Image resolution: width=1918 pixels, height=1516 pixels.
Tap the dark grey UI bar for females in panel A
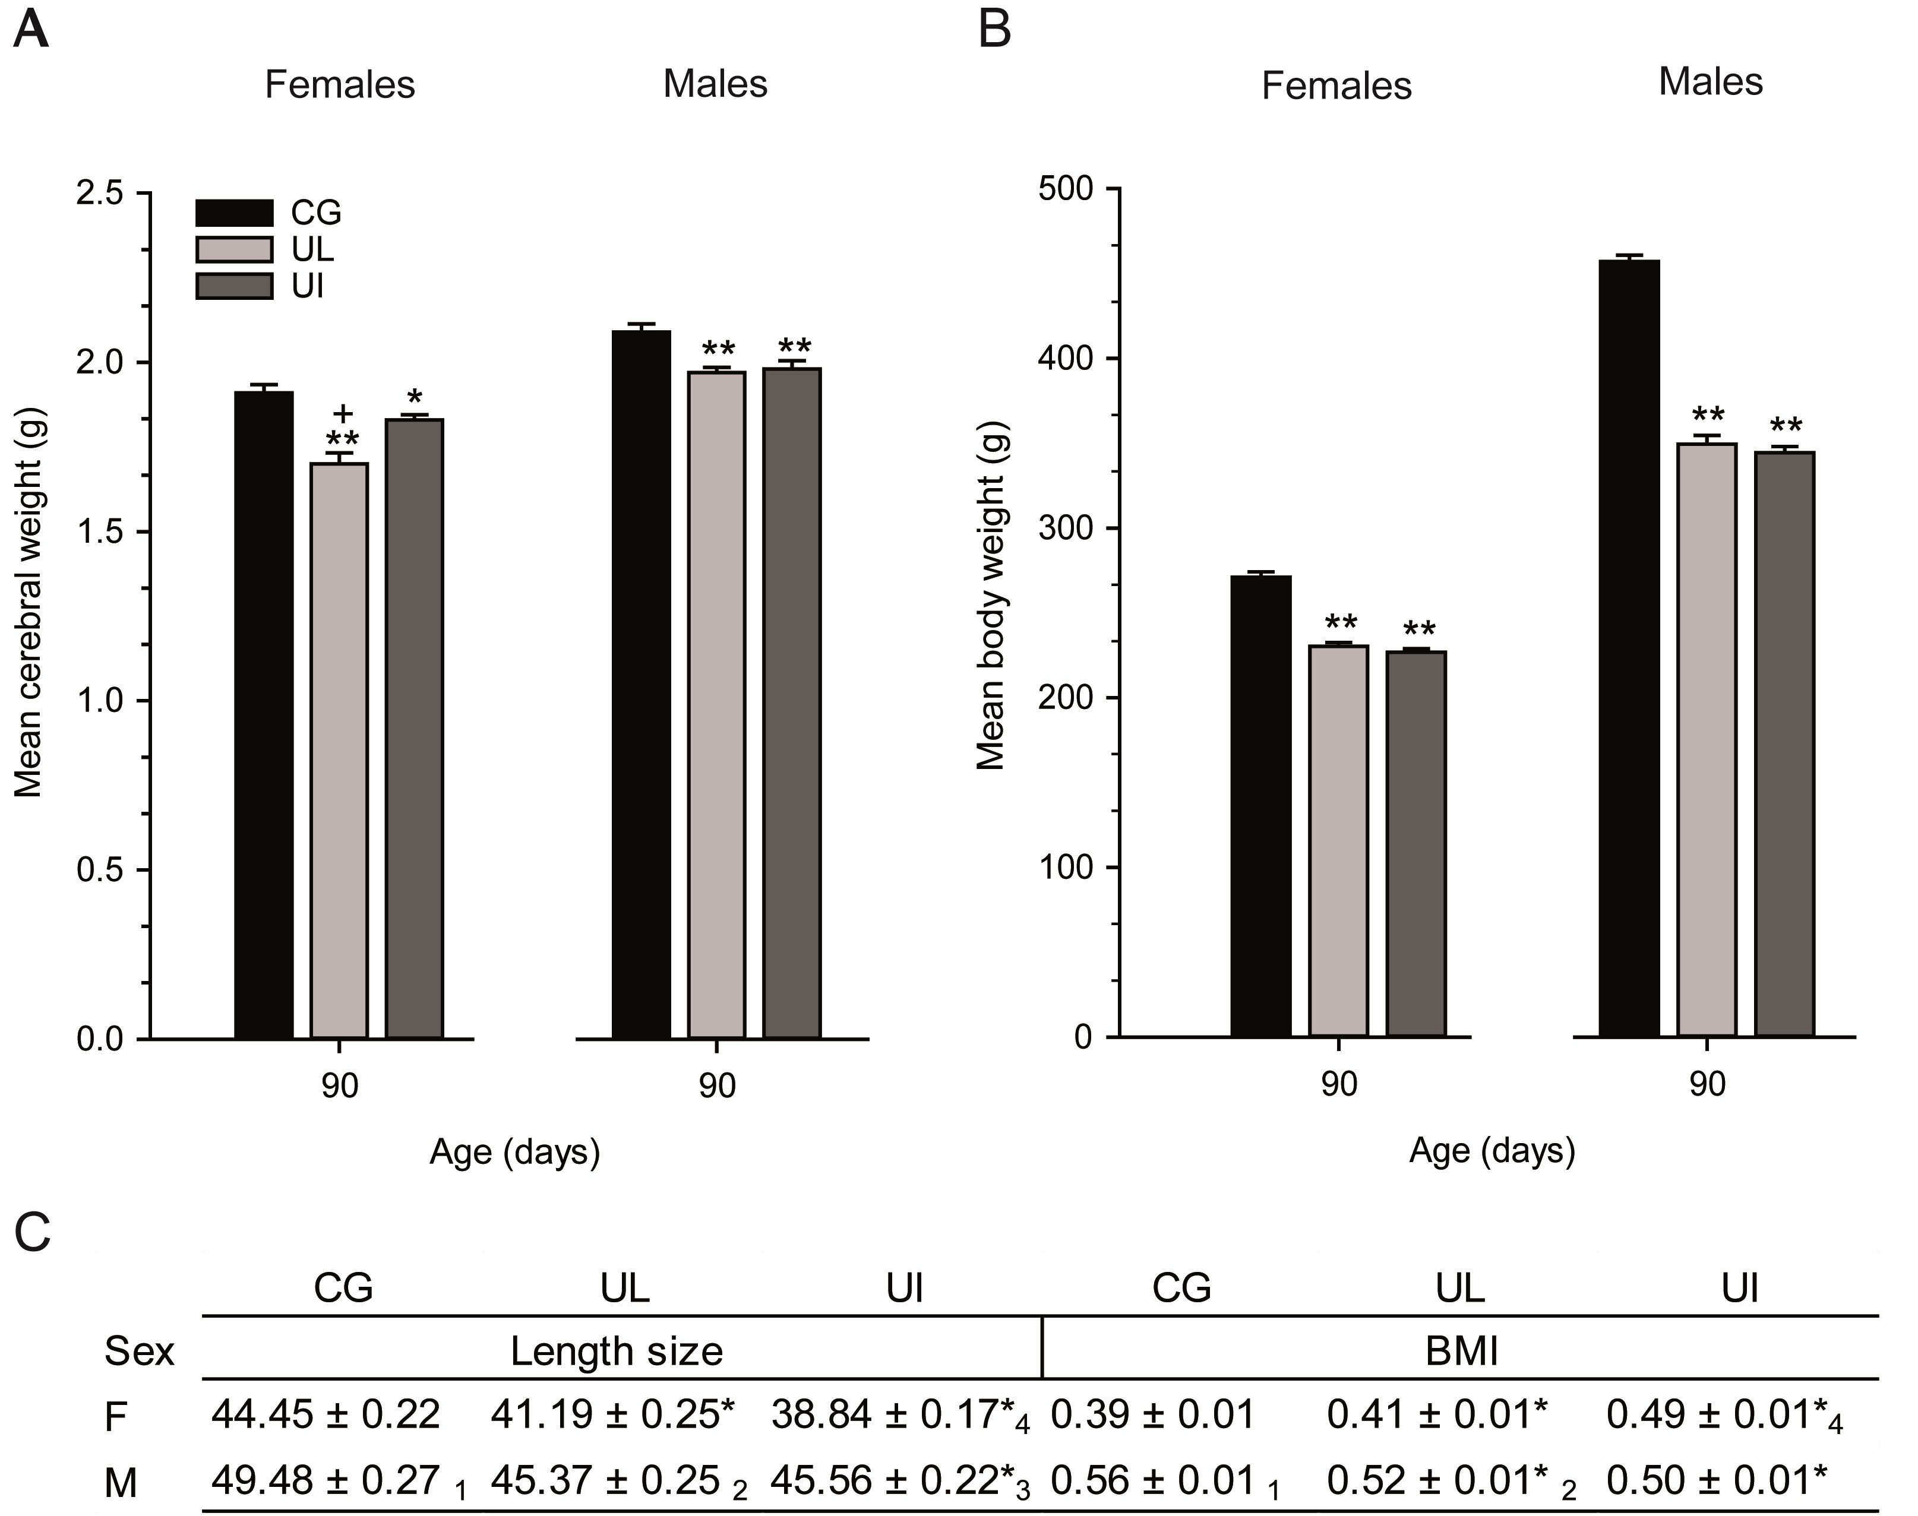[x=415, y=728]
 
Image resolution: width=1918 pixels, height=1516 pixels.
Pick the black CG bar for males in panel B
[x=1629, y=648]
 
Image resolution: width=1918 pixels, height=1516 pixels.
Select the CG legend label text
[x=316, y=213]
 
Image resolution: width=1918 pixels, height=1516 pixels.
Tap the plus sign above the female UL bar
[x=343, y=413]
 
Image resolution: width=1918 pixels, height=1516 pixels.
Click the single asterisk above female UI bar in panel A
[x=415, y=397]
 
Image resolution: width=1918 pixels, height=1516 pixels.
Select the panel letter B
[x=994, y=30]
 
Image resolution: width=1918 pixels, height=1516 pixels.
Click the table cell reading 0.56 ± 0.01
[x=1152, y=1480]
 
